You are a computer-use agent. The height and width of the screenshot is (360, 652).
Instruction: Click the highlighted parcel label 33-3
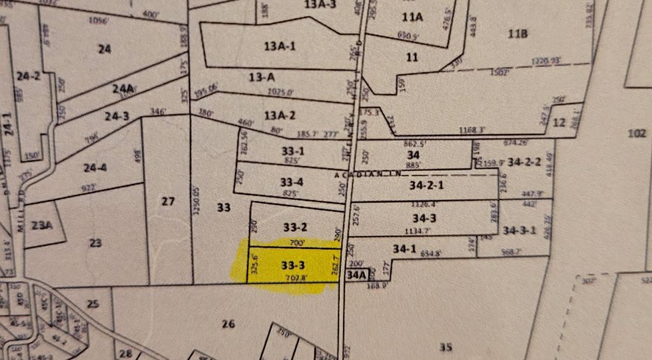[x=292, y=264]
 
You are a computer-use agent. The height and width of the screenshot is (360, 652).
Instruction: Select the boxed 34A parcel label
[x=357, y=275]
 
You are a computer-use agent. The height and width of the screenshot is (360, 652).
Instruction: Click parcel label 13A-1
[x=280, y=46]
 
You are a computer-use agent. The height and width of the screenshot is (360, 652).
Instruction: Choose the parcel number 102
[x=636, y=134]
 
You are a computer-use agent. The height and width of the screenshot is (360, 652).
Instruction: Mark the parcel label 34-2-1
[x=427, y=186]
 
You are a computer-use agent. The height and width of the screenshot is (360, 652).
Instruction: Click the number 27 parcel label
[x=167, y=202]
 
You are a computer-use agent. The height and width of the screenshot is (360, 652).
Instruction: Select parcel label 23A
[x=41, y=224]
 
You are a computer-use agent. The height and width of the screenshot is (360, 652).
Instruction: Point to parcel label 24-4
[x=95, y=168]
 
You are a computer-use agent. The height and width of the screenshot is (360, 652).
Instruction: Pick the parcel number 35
[x=446, y=347]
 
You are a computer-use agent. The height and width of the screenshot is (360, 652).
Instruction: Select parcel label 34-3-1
[x=520, y=229]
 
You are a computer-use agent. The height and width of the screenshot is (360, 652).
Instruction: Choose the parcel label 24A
[x=123, y=89]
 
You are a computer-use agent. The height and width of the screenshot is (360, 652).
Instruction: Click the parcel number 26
[x=229, y=324]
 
